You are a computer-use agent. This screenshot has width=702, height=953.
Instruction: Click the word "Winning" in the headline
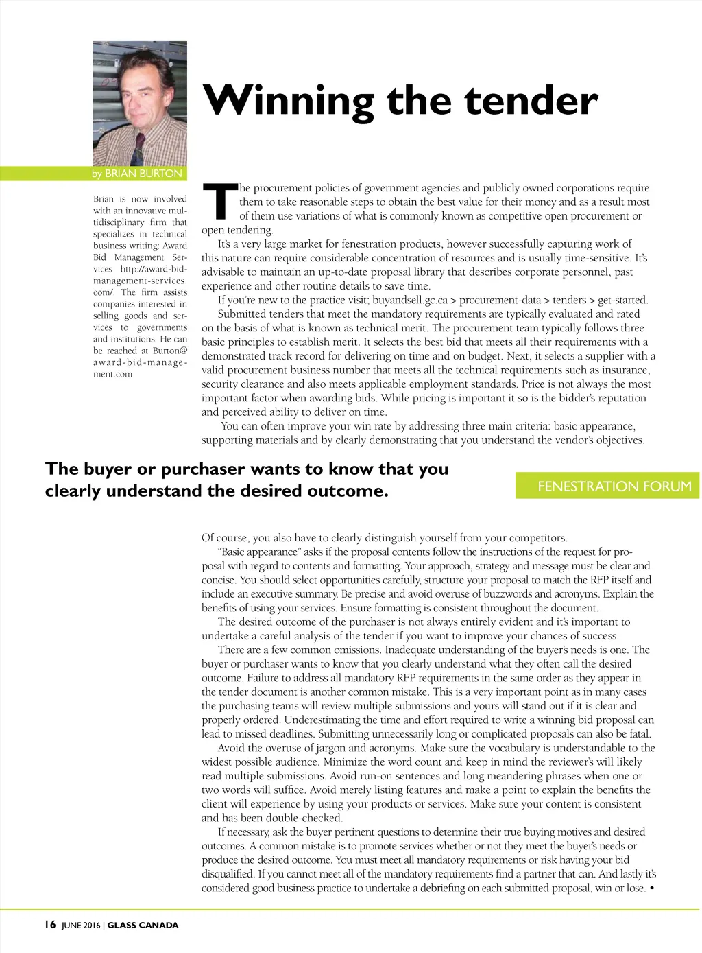[289, 100]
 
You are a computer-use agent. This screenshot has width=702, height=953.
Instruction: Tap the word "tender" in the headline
[531, 100]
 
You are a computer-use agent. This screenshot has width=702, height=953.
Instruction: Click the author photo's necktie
[138, 150]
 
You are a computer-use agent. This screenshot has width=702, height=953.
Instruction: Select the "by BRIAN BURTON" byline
[137, 174]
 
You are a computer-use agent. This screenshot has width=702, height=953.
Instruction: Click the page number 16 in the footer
[50, 925]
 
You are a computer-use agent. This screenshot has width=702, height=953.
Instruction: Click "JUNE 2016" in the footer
[81, 925]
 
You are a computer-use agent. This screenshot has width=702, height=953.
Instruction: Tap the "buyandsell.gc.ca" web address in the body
[409, 300]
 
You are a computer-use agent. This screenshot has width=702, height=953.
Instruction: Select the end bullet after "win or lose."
[651, 889]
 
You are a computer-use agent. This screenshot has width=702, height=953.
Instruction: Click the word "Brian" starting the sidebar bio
[104, 199]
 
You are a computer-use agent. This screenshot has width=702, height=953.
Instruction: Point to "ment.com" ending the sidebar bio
[112, 374]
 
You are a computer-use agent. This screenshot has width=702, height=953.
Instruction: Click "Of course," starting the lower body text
[226, 538]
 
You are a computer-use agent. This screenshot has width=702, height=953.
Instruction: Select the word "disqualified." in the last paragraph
[228, 874]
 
